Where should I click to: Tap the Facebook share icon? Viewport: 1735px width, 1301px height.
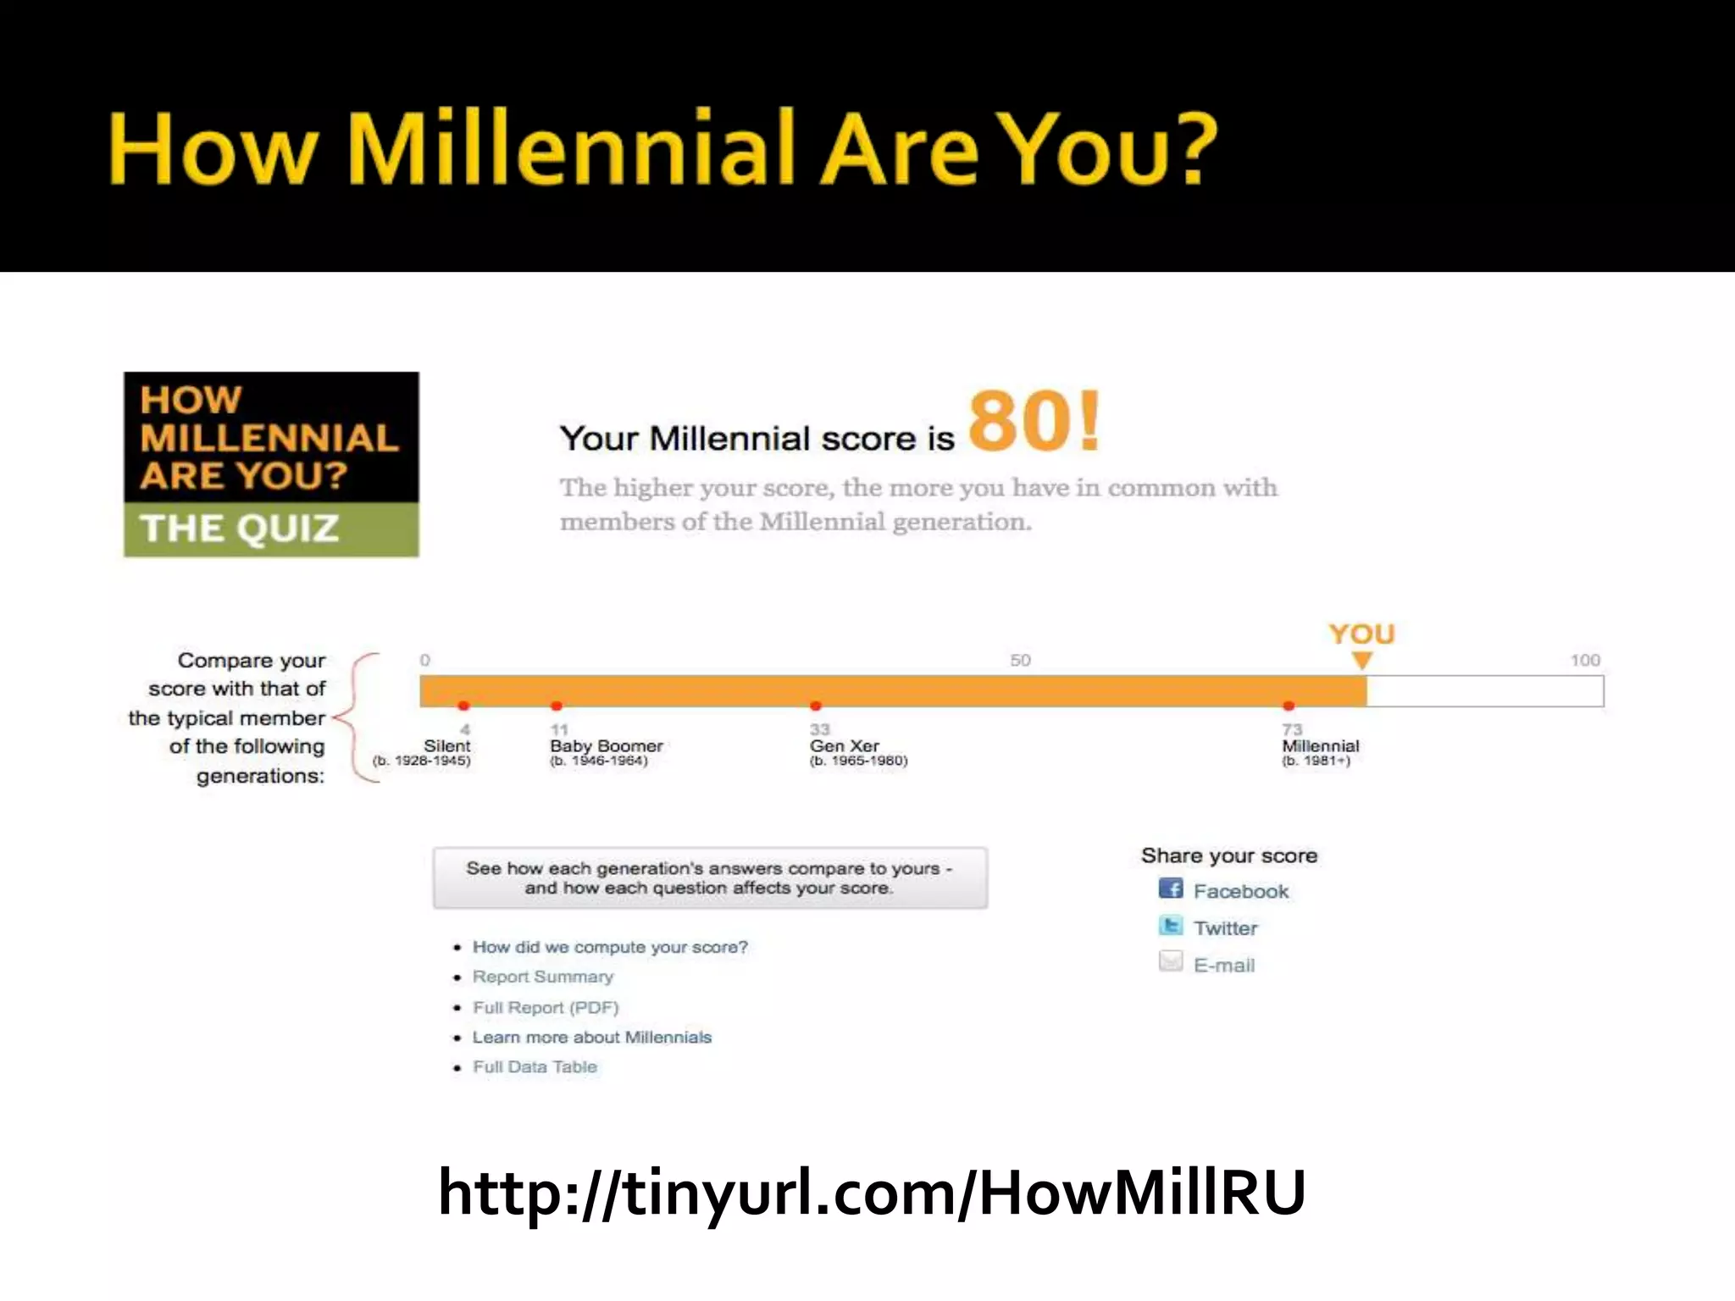[1170, 889]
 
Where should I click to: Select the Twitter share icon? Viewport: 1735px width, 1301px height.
[1170, 926]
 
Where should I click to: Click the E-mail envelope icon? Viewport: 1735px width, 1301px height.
[1170, 962]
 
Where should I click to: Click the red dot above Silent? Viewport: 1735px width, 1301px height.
[463, 706]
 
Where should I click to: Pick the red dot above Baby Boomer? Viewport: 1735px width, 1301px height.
[557, 706]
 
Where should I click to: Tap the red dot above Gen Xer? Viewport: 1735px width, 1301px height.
[816, 706]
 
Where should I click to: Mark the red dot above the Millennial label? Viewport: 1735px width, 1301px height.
[1289, 706]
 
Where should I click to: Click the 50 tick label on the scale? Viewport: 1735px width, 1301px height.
[1020, 660]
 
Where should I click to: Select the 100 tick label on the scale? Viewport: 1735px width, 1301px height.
[1585, 660]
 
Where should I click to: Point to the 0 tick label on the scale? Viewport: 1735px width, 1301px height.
[424, 660]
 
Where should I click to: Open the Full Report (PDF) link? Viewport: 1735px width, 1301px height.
[546, 1007]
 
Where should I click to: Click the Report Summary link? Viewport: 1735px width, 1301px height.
[542, 977]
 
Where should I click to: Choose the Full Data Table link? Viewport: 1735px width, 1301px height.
[535, 1067]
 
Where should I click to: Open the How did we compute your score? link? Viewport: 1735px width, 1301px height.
[610, 947]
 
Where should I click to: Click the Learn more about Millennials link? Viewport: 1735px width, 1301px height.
[591, 1038]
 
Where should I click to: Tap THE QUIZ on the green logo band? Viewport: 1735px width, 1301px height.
[240, 529]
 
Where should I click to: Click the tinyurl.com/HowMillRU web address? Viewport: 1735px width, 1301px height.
[872, 1193]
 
